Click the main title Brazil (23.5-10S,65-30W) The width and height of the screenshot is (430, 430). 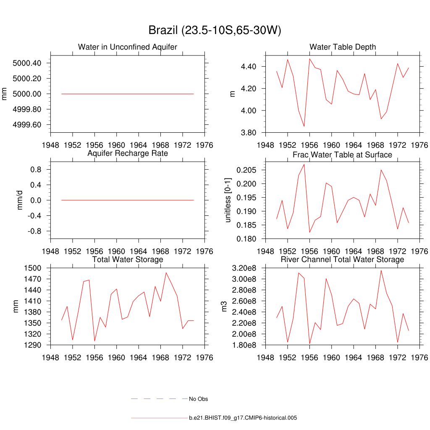point(215,31)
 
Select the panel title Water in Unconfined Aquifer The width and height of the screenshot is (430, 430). point(128,47)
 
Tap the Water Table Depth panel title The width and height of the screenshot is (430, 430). point(343,47)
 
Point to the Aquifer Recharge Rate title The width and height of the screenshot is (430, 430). point(128,153)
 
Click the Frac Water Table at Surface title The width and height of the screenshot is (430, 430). point(342,155)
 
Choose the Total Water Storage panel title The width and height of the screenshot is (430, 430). point(128,260)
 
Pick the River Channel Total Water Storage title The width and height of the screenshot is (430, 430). point(342,260)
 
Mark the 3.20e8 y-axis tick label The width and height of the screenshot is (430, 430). point(245,268)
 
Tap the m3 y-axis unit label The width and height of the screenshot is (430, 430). point(224,307)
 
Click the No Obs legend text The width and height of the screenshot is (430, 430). point(198,399)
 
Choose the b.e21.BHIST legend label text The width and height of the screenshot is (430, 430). point(243,418)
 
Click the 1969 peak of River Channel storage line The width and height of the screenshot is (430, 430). point(381,270)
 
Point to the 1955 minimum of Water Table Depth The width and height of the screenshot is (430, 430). point(304,126)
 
